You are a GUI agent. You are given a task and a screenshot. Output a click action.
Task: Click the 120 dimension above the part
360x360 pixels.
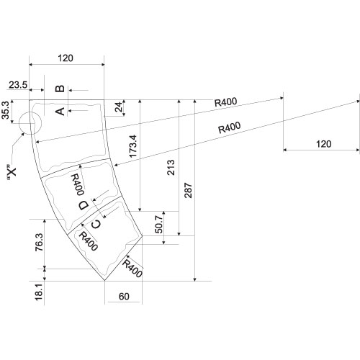66,58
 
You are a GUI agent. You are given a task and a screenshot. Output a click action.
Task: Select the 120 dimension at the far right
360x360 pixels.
324,144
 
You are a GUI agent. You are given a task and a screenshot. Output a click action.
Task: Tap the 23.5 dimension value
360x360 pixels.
18,85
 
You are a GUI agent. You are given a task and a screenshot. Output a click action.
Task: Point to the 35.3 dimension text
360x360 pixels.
6,110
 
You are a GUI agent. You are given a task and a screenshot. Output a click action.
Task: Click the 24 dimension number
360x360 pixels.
119,107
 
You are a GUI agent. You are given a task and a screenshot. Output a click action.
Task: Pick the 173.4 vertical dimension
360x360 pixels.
132,146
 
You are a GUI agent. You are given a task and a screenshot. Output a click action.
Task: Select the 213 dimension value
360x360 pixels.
171,168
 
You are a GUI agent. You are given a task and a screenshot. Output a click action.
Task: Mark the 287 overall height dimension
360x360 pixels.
189,191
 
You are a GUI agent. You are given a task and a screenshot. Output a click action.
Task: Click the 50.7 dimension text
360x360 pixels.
159,225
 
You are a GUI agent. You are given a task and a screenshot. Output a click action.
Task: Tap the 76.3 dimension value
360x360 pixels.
39,242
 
